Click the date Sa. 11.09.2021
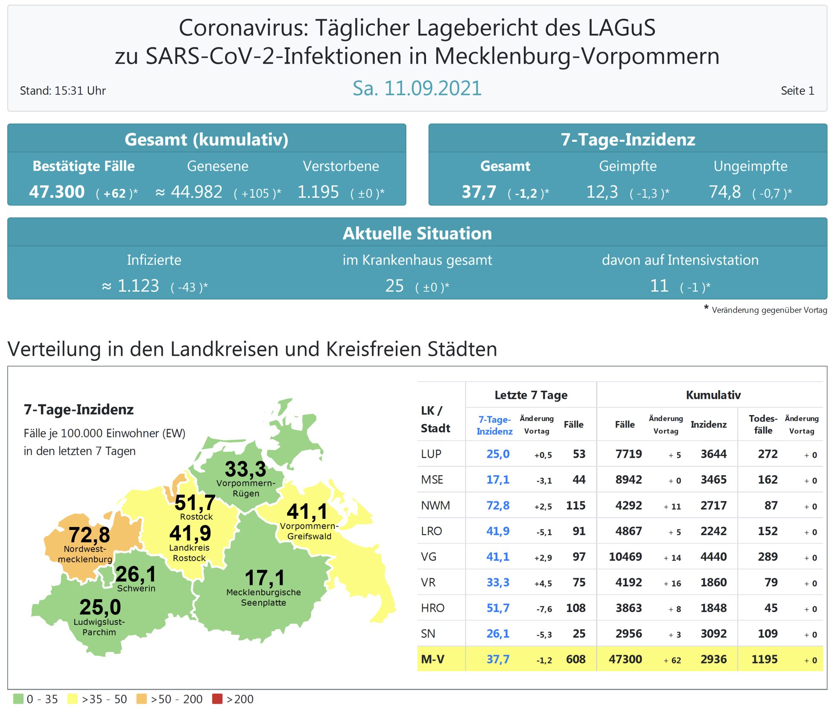[x=417, y=88]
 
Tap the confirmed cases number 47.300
[x=57, y=192]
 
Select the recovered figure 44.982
[x=196, y=192]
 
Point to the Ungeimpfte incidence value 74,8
[x=724, y=192]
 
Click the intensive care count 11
[x=659, y=286]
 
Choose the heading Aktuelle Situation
[x=417, y=234]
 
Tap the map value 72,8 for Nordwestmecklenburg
[x=89, y=535]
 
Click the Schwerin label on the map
[x=136, y=588]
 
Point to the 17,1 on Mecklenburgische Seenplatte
[x=264, y=578]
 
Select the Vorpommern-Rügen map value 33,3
[x=245, y=469]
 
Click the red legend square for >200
[x=217, y=699]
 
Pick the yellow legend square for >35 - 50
[x=73, y=699]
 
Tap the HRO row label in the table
[x=432, y=608]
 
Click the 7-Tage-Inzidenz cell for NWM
[x=498, y=506]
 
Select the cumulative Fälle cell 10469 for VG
[x=625, y=557]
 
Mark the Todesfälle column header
[x=763, y=424]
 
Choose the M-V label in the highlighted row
[x=432, y=659]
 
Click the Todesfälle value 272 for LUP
[x=767, y=454]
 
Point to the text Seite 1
[x=797, y=91]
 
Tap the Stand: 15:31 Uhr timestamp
[x=63, y=91]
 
